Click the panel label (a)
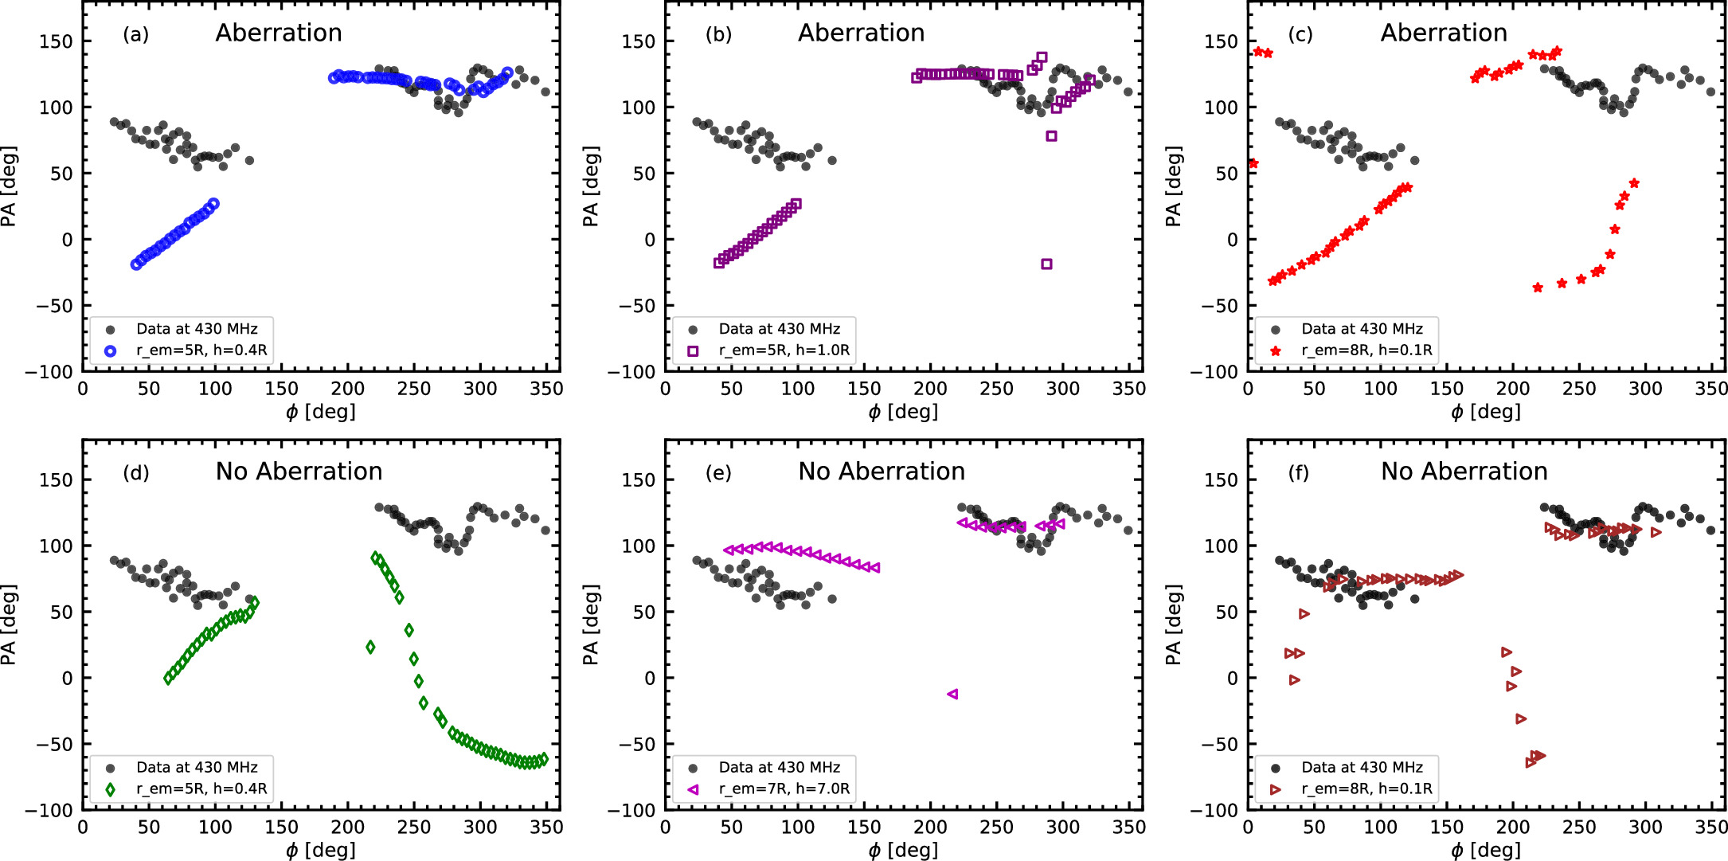pos(135,34)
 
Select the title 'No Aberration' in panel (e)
pos(882,472)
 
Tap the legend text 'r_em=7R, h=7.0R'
pos(784,789)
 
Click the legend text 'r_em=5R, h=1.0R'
pos(784,350)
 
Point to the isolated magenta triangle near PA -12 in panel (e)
pos(952,694)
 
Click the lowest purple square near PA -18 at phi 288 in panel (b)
pos(1046,264)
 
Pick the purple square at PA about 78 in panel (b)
pos(1051,136)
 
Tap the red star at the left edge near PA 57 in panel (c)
pos(1253,163)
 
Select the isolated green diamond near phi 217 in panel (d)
pos(370,647)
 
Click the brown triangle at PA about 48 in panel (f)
pos(1304,613)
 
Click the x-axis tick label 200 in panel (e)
pos(930,827)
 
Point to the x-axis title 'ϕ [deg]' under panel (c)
pos(1485,412)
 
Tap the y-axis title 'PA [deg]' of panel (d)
pos(9,624)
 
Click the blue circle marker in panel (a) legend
pos(111,350)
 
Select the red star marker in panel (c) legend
pos(1276,350)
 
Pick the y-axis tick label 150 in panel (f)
pos(1221,480)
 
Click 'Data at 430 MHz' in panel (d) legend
pos(197,767)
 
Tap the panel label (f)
pos(1298,473)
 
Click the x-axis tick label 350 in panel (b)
pos(1128,389)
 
